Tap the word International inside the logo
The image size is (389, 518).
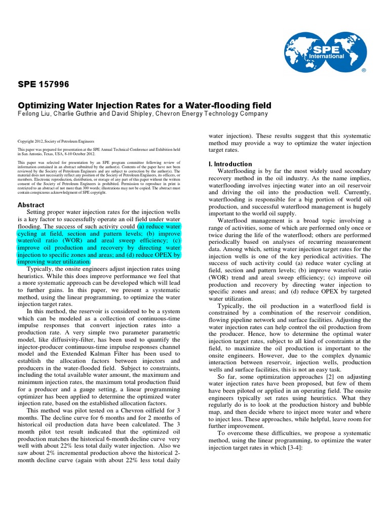(331, 57)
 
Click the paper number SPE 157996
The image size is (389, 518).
(44, 84)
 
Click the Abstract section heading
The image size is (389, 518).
(31, 205)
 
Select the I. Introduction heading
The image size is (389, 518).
(230, 164)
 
